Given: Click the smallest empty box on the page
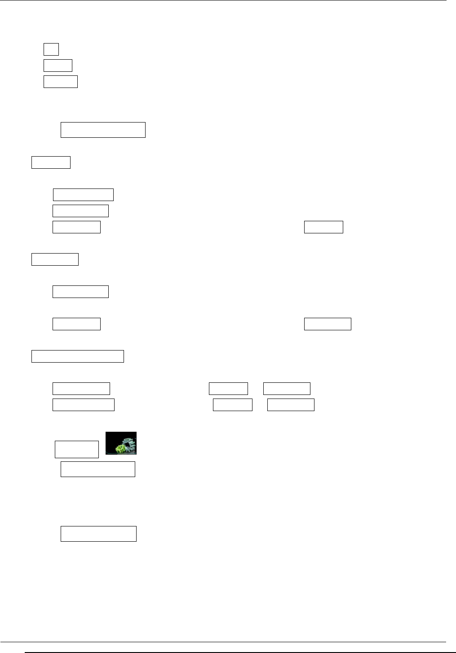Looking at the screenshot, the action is [x=51, y=49].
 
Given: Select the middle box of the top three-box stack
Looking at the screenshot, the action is [x=58, y=66].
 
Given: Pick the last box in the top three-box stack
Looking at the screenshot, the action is [x=61, y=82].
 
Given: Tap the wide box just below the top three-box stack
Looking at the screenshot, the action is [x=103, y=129].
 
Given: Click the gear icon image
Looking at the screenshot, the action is [x=121, y=443].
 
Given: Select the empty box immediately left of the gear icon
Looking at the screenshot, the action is [x=77, y=449].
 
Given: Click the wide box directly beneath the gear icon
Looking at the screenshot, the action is [x=98, y=469].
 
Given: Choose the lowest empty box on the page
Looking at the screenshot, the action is [x=98, y=534].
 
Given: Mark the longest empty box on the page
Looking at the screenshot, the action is [x=78, y=356].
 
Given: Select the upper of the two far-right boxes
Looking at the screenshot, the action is [x=323, y=227].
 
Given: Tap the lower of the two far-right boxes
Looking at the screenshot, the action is [x=328, y=324].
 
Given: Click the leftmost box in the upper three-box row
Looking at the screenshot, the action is [x=81, y=388].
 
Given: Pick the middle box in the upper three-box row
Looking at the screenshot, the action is [x=228, y=388].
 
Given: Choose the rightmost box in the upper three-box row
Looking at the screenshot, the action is [x=287, y=388].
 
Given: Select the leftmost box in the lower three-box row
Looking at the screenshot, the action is [x=84, y=404].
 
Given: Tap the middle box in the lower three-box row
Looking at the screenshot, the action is [x=232, y=404].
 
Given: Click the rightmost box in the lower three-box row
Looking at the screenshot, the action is [x=291, y=404].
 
